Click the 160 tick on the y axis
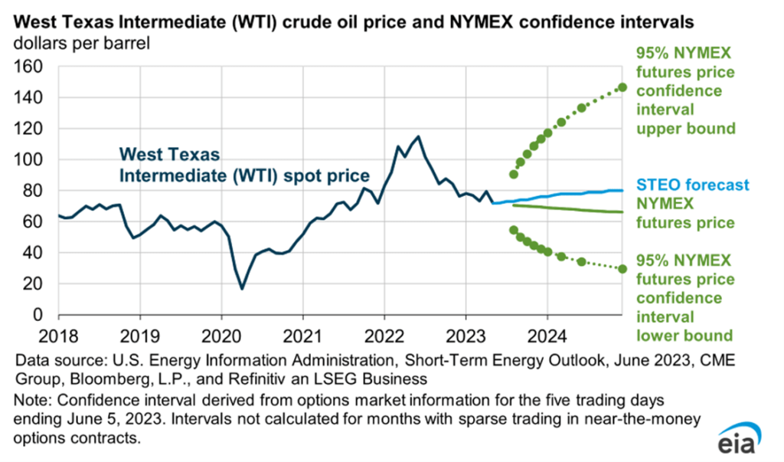[x=31, y=67]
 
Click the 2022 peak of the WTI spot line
[x=418, y=137]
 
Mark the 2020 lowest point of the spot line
[x=242, y=288]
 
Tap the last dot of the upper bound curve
[x=622, y=87]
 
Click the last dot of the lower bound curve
[x=622, y=269]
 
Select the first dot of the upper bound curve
[x=514, y=174]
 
